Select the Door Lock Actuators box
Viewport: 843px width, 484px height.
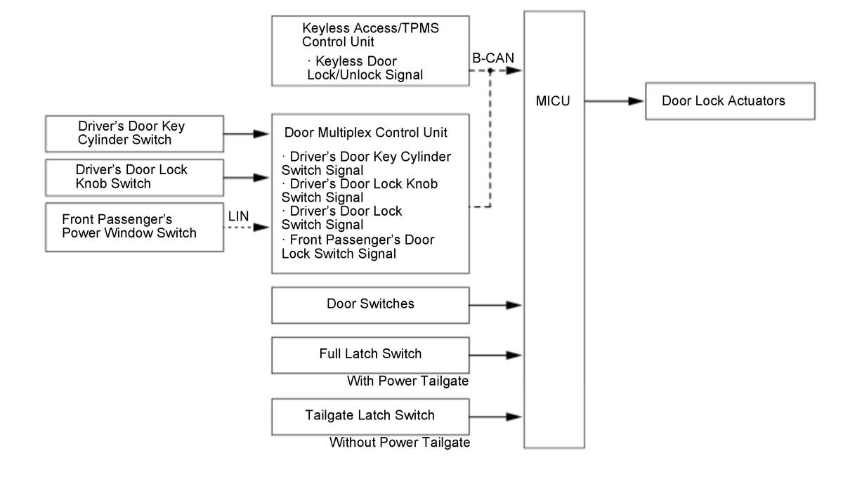730,101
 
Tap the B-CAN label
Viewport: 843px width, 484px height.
495,59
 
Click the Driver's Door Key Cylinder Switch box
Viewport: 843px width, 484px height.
135,133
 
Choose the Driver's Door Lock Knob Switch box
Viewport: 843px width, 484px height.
135,177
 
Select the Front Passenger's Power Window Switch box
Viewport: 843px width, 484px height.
135,226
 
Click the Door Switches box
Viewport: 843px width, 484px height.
370,304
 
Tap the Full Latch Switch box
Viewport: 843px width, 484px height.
370,354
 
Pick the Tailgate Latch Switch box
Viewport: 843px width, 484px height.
370,415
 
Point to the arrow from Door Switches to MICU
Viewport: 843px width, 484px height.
496,305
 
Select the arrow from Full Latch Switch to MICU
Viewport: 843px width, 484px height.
496,355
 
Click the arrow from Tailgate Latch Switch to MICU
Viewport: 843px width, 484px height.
496,416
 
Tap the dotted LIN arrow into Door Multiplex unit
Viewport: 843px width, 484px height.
247,227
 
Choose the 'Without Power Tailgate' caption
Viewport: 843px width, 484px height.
400,443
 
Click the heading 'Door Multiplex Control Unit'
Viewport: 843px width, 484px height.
366,132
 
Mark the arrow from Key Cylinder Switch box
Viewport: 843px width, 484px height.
247,133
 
